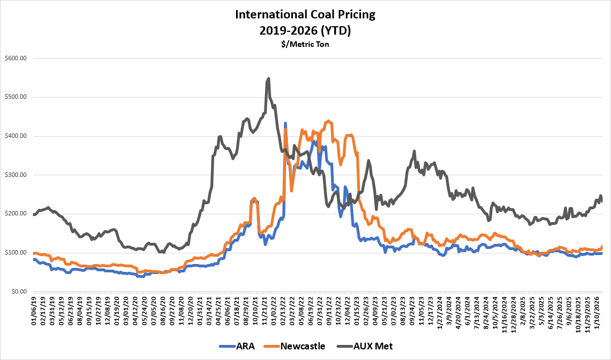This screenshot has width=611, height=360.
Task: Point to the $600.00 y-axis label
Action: click(16, 58)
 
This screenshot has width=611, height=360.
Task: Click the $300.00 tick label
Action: click(16, 175)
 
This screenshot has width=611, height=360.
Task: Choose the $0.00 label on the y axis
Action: click(19, 291)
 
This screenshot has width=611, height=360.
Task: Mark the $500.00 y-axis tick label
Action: click(16, 97)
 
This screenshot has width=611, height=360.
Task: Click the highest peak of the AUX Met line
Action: click(269, 78)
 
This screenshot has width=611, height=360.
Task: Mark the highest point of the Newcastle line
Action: click(328, 121)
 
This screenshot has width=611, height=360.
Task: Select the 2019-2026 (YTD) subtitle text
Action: click(305, 31)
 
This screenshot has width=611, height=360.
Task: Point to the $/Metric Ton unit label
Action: click(305, 45)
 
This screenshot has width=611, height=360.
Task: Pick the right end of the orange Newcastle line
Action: click(602, 247)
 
